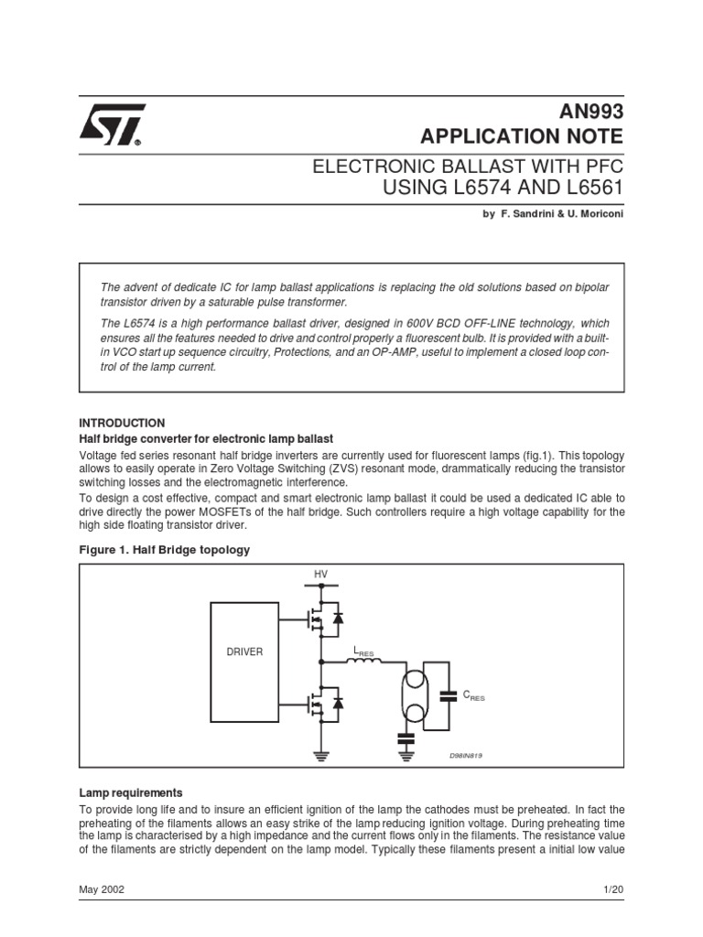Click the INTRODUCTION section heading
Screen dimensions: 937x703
point(122,423)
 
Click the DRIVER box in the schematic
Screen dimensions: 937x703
point(244,652)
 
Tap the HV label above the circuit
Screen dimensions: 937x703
point(320,574)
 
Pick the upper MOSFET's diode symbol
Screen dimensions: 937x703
point(338,619)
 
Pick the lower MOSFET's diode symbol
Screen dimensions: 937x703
point(338,703)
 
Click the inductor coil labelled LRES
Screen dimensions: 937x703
point(363,662)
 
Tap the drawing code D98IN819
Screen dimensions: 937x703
point(465,756)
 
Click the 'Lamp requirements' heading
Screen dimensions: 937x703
point(131,792)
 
